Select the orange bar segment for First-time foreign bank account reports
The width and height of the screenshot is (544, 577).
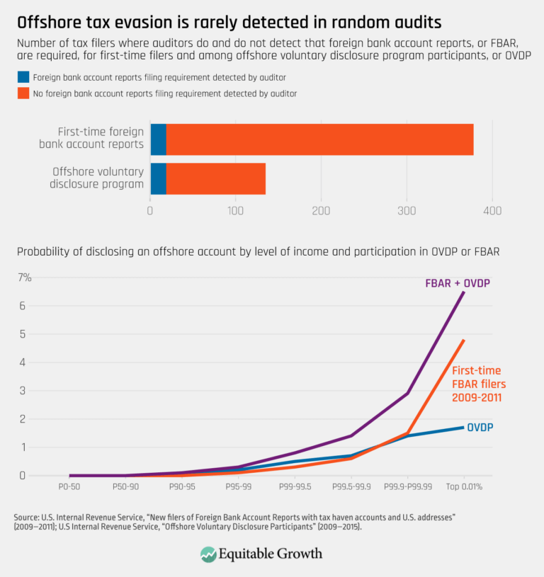[319, 139]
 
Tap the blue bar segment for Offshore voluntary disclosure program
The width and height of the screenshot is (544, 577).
[158, 178]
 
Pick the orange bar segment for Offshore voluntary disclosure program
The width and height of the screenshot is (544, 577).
[215, 178]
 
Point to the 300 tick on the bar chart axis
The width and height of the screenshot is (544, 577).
[407, 210]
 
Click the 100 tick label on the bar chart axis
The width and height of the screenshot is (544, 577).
[236, 210]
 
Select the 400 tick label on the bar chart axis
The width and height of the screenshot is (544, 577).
[492, 210]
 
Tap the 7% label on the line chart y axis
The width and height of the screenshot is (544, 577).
[24, 278]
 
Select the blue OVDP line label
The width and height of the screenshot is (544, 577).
[480, 427]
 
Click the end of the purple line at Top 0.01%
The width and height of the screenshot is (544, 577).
[464, 292]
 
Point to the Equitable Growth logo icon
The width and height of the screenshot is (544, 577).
[209, 554]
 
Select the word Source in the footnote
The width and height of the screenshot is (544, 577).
[26, 518]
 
